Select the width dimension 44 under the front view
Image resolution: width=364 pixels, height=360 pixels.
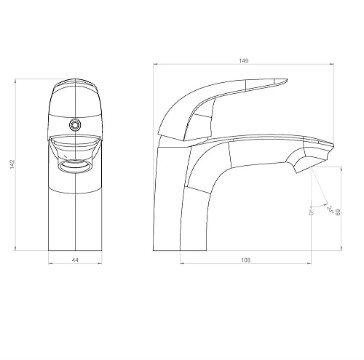75,260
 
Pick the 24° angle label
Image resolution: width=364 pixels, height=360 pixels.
329,210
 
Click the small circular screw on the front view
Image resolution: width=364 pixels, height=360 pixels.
73,124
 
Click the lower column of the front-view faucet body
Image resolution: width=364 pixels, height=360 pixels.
75,218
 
